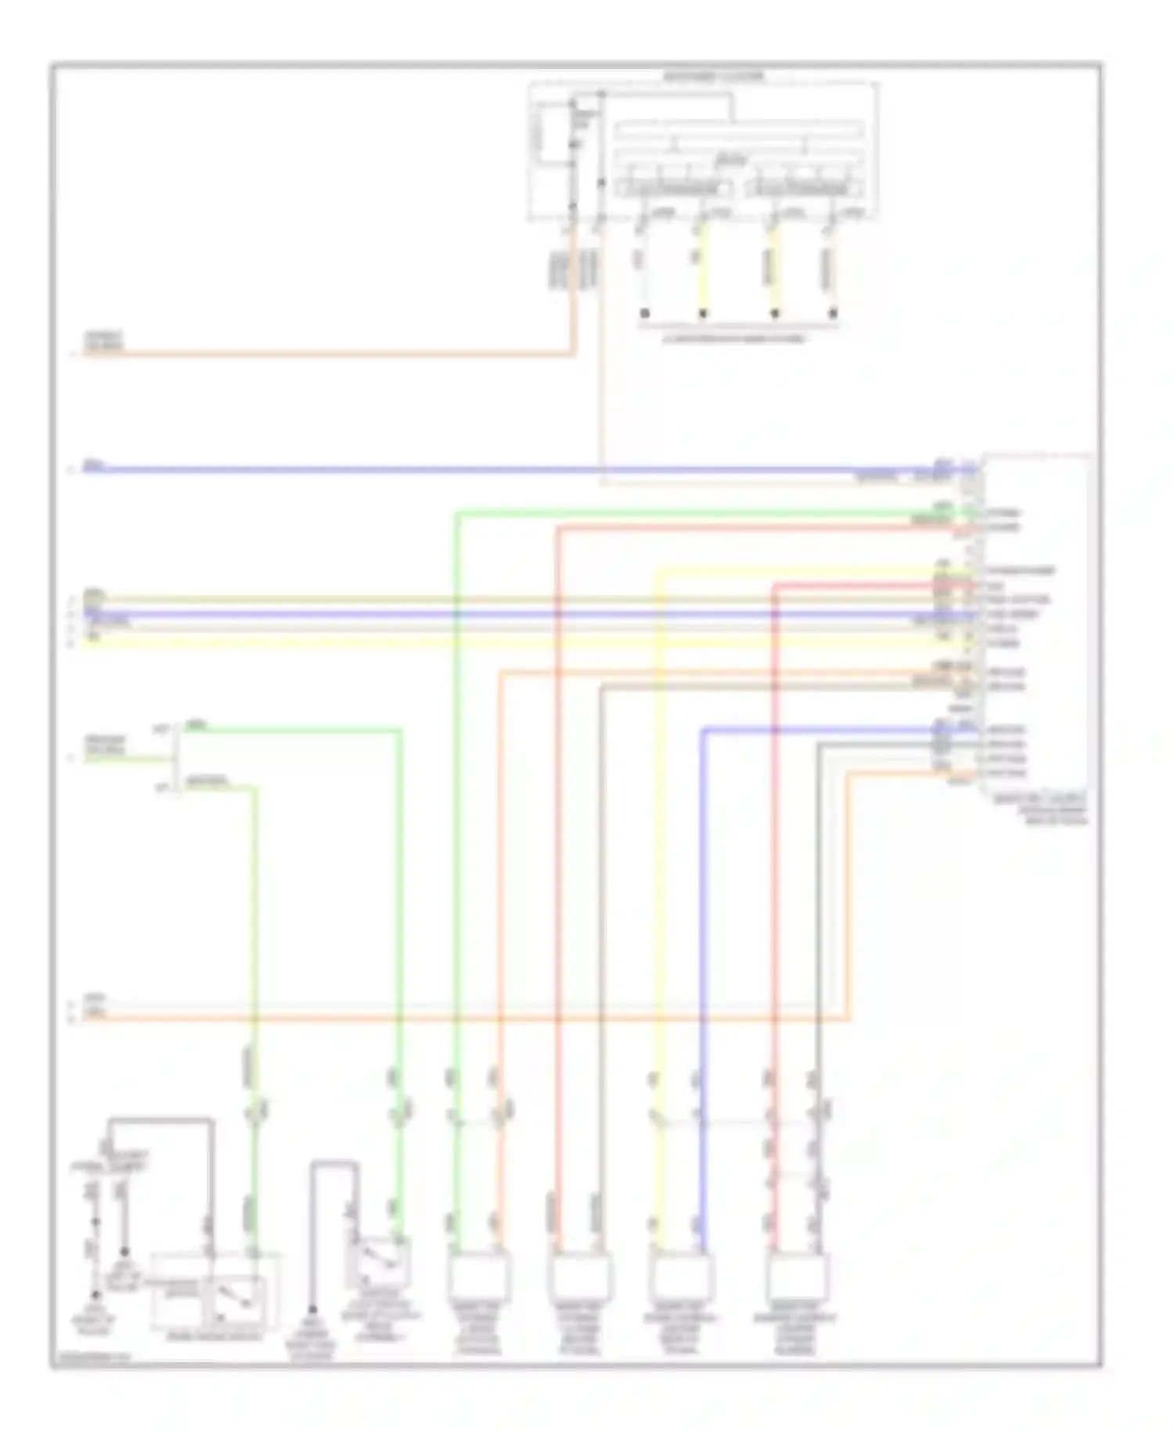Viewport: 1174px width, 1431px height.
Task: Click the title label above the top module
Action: pyautogui.click(x=713, y=77)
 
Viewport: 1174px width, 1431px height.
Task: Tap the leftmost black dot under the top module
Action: pyautogui.click(x=645, y=313)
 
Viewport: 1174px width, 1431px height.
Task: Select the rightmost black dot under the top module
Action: pyautogui.click(x=833, y=313)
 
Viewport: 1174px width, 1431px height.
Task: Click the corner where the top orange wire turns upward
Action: pyautogui.click(x=574, y=354)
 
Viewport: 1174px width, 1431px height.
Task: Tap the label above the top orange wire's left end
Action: pyautogui.click(x=104, y=340)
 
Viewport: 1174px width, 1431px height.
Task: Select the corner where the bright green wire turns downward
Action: pyautogui.click(x=456, y=514)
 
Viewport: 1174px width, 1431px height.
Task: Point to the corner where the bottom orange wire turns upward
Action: pyautogui.click(x=848, y=1018)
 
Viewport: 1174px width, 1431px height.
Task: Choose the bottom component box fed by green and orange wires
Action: pyautogui.click(x=479, y=1277)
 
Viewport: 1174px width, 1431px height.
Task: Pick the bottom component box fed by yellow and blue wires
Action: pyautogui.click(x=681, y=1277)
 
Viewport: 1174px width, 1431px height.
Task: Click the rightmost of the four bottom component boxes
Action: pyautogui.click(x=797, y=1277)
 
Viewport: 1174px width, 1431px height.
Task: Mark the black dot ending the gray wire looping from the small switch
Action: pyautogui.click(x=312, y=1310)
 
